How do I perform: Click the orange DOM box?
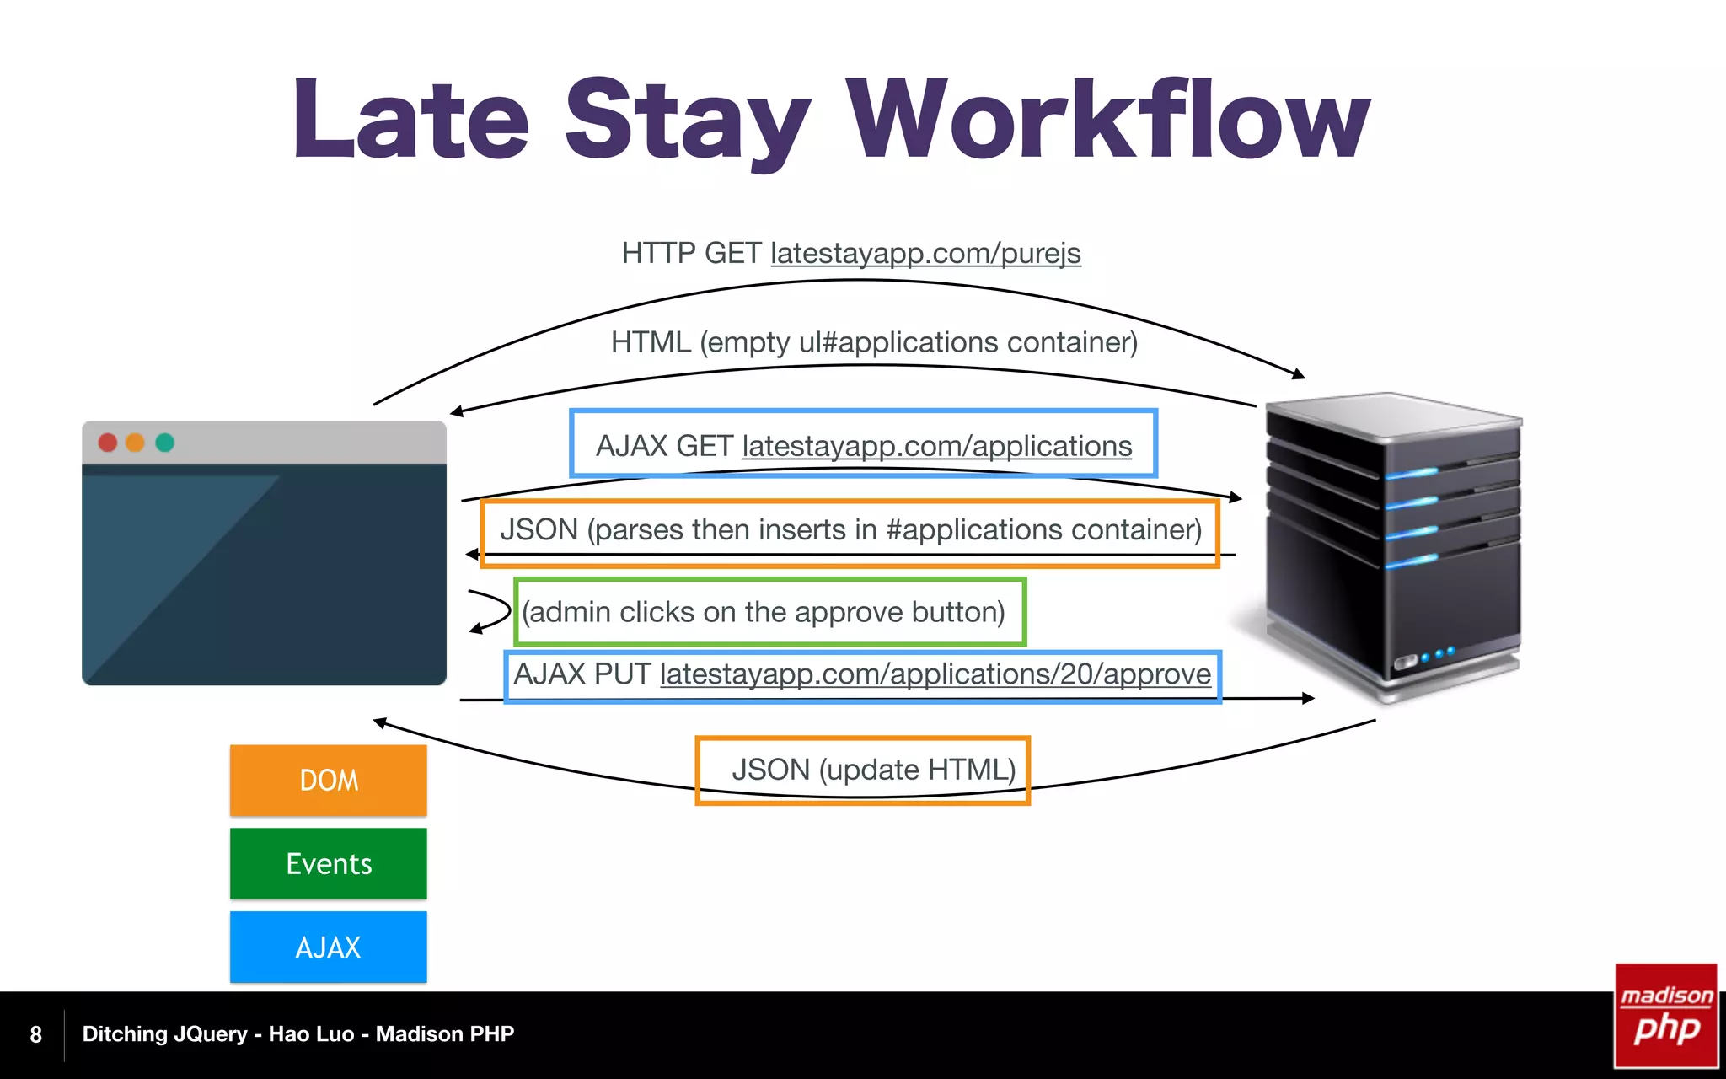328,780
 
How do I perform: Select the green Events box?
328,863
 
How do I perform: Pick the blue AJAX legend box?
328,947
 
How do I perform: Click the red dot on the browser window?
108,443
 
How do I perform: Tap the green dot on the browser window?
165,443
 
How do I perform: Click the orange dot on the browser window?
136,443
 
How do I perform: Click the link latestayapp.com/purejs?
925,253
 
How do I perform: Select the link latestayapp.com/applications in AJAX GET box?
936,446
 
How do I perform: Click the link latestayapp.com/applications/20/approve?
935,674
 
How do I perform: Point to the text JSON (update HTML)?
873,770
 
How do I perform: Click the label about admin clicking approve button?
764,612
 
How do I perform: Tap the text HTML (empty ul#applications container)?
874,342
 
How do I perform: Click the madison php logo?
1665,1016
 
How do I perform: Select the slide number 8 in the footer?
35,1034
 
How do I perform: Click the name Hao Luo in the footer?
311,1034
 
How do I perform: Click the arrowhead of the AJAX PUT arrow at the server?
1308,698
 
